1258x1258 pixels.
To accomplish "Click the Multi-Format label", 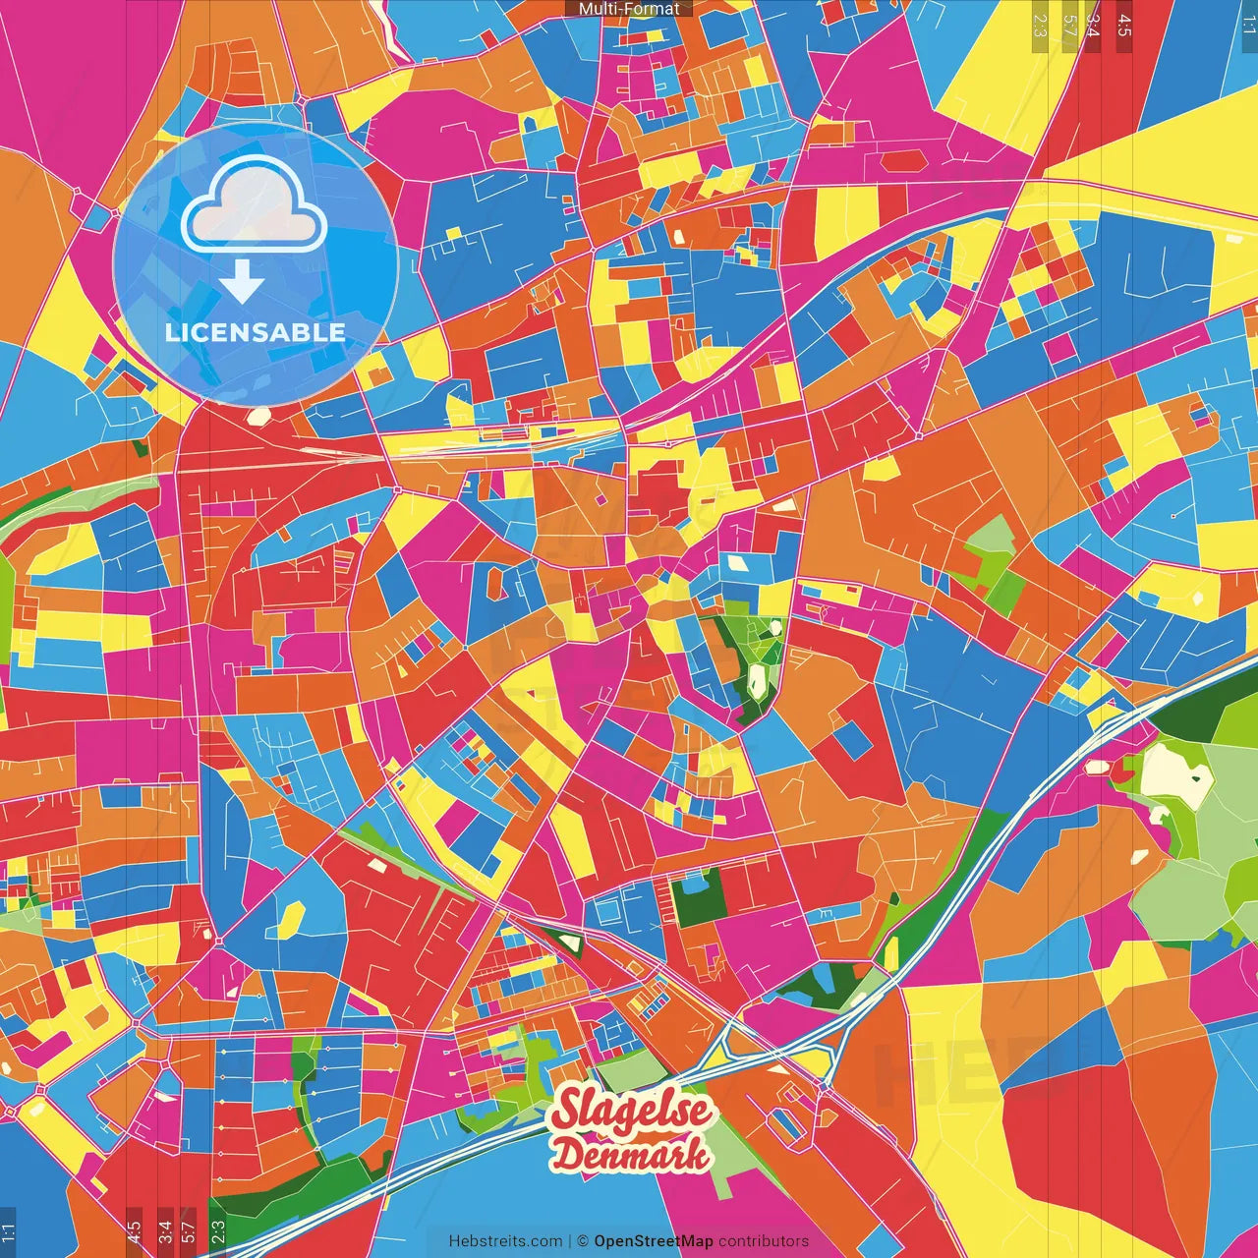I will tap(629, 9).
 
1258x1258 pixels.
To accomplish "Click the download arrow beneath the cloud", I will tap(242, 282).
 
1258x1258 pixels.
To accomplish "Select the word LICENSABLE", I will tap(256, 332).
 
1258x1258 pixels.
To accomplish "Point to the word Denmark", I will tap(631, 1155).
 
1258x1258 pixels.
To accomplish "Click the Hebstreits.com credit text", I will tap(505, 1241).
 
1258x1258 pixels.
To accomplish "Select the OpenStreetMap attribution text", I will tap(654, 1241).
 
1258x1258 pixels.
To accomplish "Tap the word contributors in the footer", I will tap(764, 1241).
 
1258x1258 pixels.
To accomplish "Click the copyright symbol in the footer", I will tap(583, 1241).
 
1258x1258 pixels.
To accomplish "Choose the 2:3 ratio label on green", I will tap(218, 1231).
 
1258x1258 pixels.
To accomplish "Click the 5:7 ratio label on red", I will tap(189, 1231).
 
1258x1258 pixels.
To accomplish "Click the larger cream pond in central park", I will tap(758, 679).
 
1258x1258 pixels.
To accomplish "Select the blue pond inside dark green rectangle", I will tap(694, 882).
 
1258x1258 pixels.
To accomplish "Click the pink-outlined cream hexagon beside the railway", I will tap(257, 416).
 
